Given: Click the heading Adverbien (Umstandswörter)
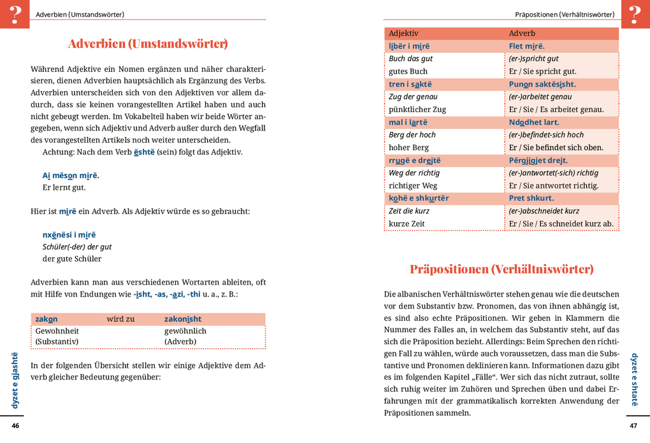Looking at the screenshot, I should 148,44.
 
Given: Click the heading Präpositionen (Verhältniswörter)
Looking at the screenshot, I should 502,269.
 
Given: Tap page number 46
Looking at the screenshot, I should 15,426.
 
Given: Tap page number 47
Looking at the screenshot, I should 633,426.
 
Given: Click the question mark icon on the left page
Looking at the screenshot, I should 15,14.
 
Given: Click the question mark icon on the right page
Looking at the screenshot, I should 635,14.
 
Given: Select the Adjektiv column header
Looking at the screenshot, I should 403,33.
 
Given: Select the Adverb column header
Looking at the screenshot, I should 522,33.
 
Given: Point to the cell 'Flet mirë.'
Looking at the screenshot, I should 526,46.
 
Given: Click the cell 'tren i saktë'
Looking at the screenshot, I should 410,84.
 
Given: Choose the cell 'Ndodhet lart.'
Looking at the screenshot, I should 534,122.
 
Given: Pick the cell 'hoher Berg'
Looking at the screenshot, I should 408,148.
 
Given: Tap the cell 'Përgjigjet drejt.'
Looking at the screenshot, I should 538,160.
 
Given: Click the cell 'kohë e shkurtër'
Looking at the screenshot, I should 419,198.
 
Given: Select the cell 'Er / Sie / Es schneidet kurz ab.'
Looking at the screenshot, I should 561,223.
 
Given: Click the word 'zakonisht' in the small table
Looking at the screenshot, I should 183,319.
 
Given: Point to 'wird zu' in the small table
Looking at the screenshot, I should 120,319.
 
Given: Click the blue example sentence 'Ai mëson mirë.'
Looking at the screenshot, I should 71,175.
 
